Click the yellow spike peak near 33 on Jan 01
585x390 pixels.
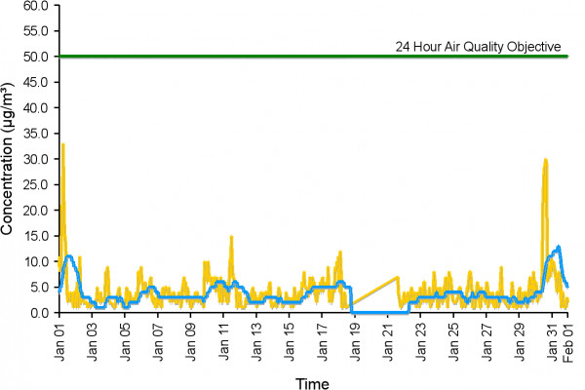[x=63, y=144]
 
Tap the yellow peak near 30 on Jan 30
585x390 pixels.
[x=546, y=159]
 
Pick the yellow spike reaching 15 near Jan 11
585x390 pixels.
[x=231, y=236]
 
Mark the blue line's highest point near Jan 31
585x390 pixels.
[x=558, y=247]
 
